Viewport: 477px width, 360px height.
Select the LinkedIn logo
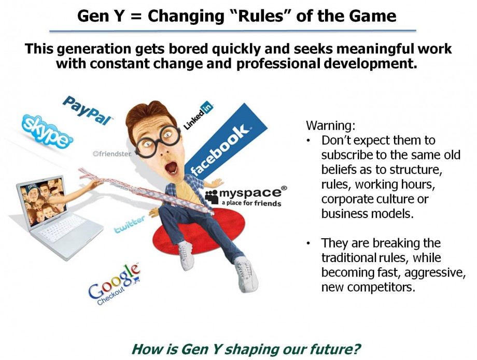pyautogui.click(x=198, y=116)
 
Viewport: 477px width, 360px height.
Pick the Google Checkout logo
pyautogui.click(x=114, y=284)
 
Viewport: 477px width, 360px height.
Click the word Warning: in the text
pyautogui.click(x=326, y=125)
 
